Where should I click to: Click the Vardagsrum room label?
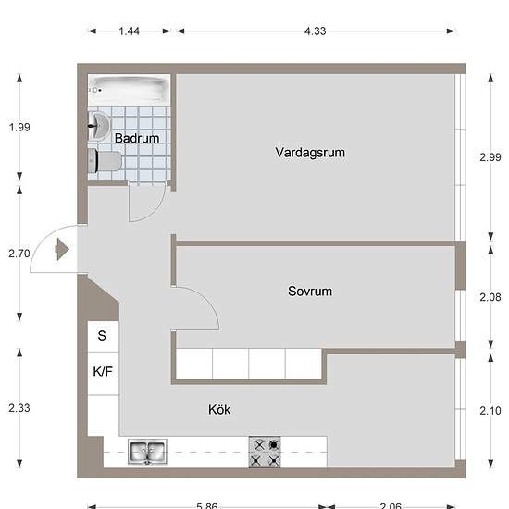coord(310,153)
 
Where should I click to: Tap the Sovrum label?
coord(310,292)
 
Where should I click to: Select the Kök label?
coord(219,410)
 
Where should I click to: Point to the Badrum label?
coord(137,138)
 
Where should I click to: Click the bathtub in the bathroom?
coord(129,90)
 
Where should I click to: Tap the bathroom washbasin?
coord(99,126)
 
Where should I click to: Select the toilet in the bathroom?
coord(105,161)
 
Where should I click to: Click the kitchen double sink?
coord(147,452)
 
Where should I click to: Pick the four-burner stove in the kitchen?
coord(265,453)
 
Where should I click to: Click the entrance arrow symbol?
coord(62,249)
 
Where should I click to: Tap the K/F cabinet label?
coord(103,371)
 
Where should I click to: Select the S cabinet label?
coord(102,335)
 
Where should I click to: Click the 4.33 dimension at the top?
coord(315,31)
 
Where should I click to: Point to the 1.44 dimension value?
coord(129,31)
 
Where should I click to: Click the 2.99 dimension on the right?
coord(490,157)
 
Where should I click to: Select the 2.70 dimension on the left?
coord(19,254)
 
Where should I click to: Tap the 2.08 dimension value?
coord(490,297)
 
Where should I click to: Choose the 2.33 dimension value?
coord(19,408)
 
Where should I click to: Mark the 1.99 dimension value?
coord(19,128)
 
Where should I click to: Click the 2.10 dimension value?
coord(490,411)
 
